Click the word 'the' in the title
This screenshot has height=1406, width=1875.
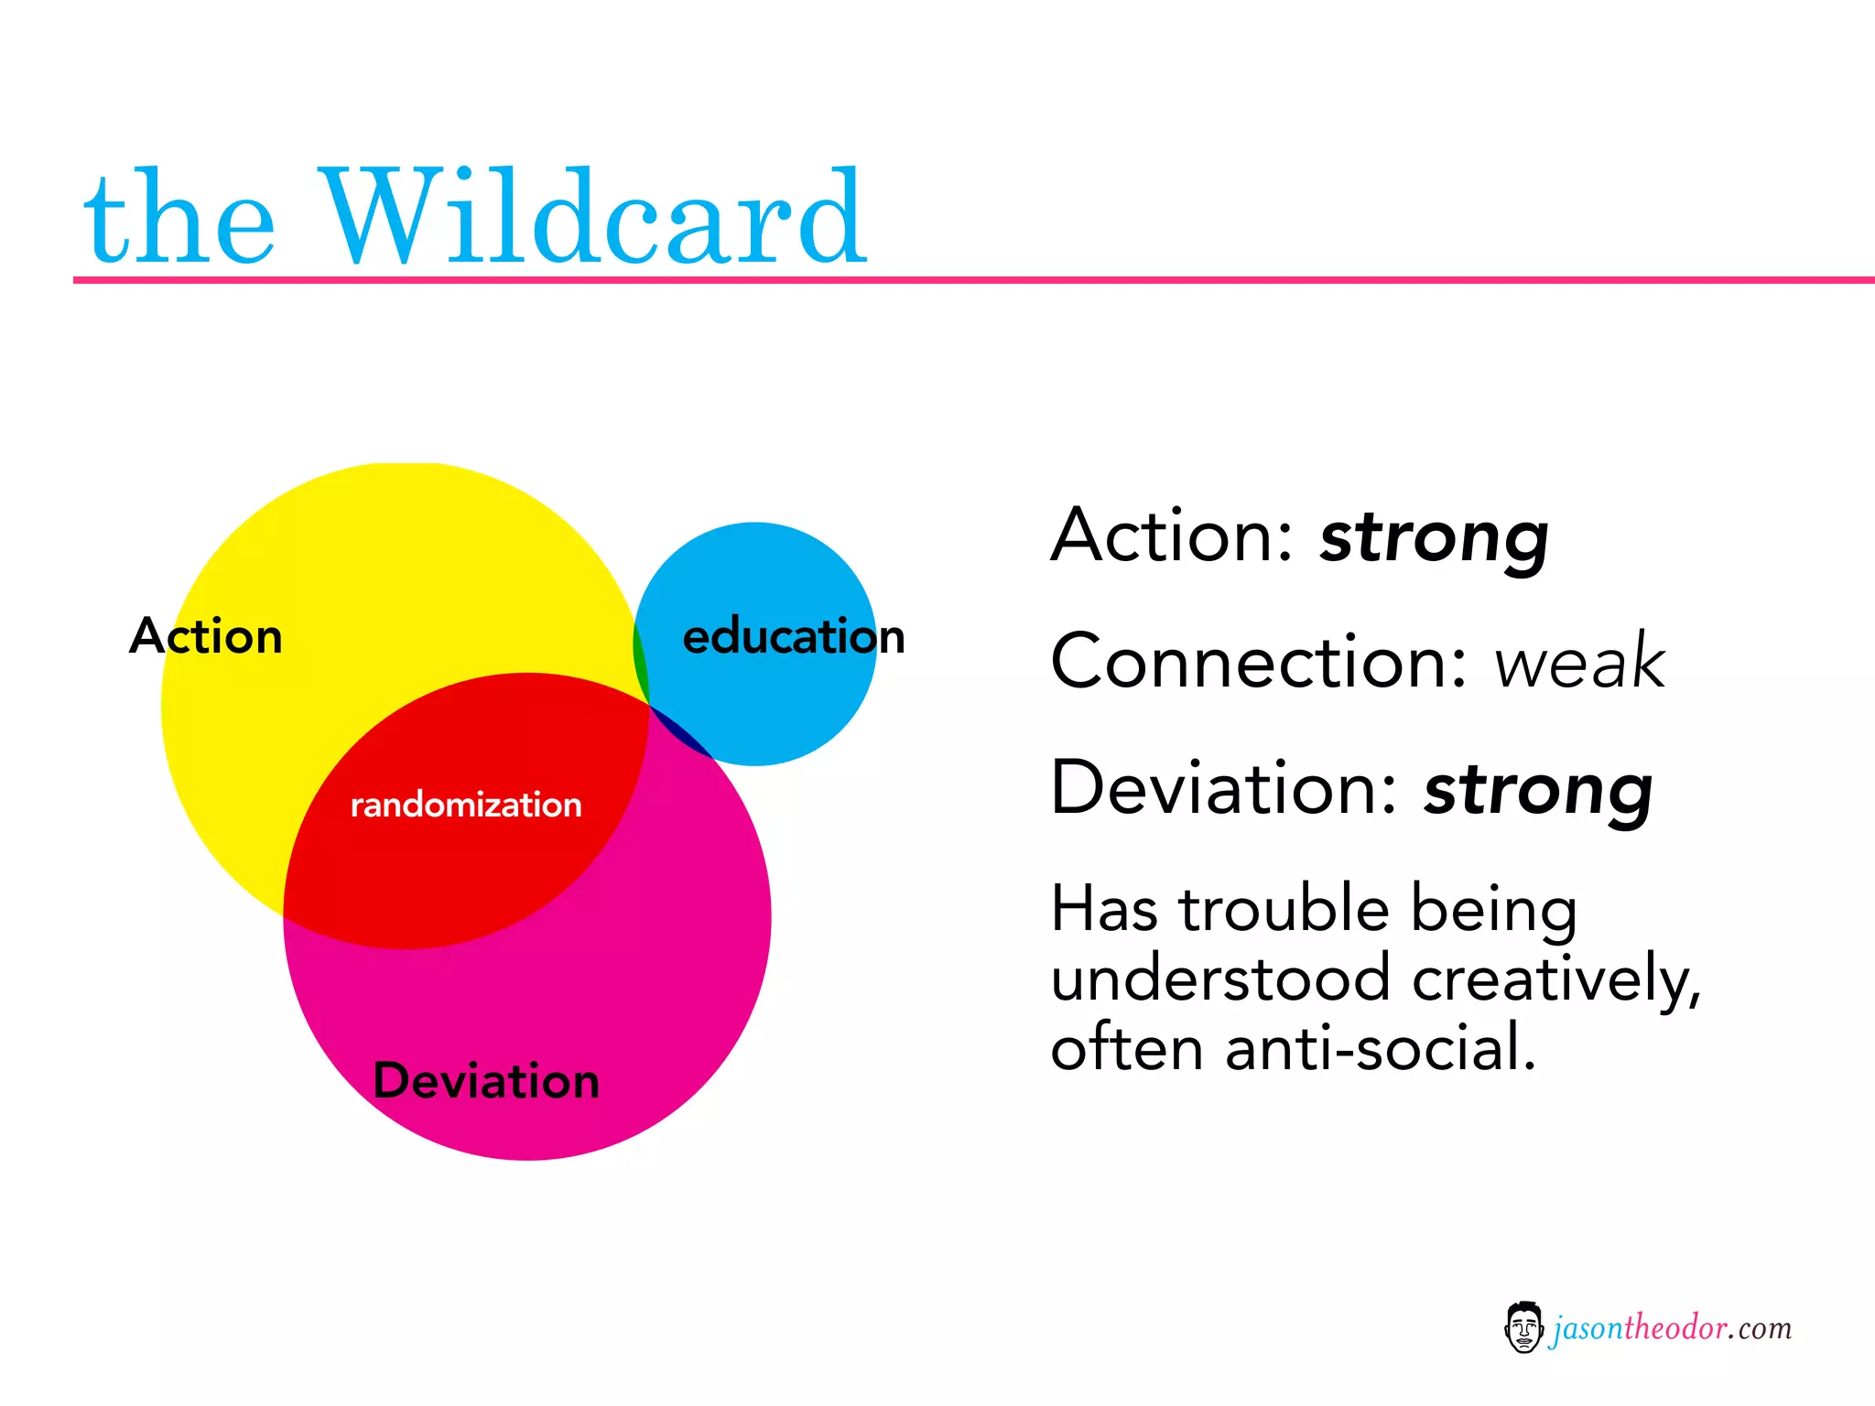(179, 220)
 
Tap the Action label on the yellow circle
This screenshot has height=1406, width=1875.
(206, 636)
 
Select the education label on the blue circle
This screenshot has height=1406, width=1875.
(793, 636)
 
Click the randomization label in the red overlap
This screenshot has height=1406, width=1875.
(466, 805)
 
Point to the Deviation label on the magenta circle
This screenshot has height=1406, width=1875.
(486, 1081)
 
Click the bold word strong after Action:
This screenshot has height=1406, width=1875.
(1434, 538)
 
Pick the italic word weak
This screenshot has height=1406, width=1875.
(1579, 662)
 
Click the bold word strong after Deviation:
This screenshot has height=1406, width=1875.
(1538, 790)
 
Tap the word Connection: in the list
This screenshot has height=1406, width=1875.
(1259, 662)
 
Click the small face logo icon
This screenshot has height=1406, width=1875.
(1523, 1327)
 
